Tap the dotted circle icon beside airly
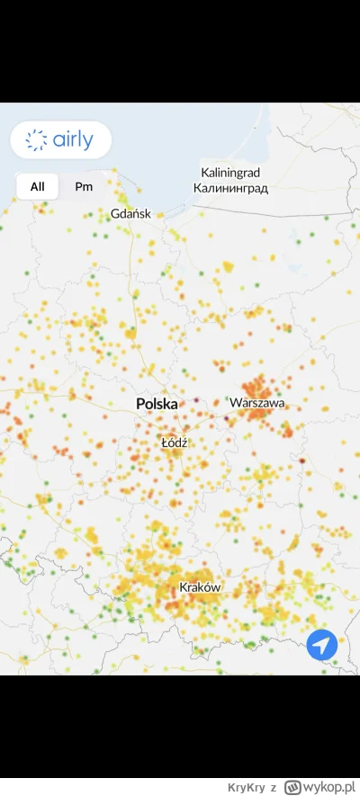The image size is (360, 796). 37,139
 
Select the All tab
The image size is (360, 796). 37,186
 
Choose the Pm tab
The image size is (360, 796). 84,186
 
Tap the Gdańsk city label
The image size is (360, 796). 130,214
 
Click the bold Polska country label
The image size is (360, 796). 157,405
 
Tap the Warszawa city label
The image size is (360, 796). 257,403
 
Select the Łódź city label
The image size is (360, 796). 173,443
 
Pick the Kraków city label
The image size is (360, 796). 200,587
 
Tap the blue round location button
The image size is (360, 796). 321,645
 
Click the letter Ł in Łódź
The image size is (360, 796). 164,443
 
